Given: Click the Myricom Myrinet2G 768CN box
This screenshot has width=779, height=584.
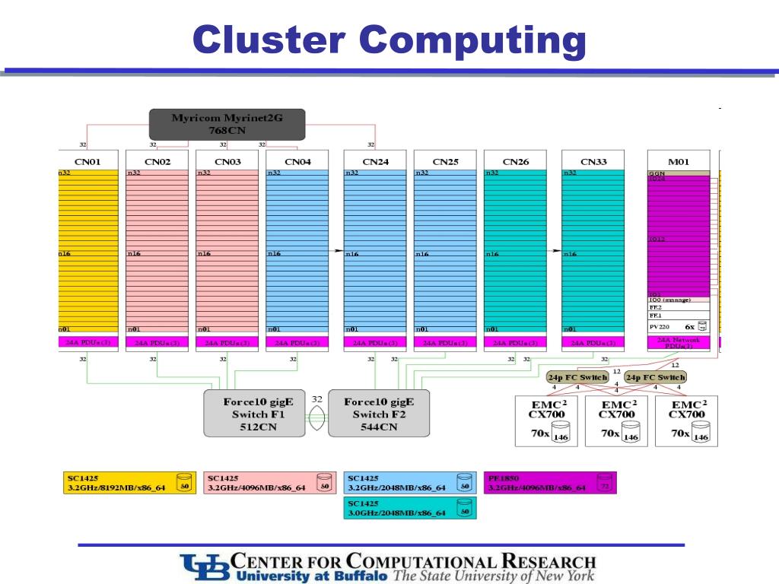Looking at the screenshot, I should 227,124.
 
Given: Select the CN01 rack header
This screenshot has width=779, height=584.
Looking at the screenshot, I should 87,161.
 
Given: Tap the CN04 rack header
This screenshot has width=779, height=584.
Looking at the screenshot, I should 297,161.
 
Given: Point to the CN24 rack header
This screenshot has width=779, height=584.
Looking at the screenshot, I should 375,161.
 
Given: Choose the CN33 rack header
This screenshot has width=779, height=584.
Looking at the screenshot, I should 593,161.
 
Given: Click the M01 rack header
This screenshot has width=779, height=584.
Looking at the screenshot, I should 678,161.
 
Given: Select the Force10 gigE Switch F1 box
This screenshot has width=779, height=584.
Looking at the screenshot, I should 254,414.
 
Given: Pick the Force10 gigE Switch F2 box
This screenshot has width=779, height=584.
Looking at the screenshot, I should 379,414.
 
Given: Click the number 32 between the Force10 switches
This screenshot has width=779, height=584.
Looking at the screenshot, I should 316,399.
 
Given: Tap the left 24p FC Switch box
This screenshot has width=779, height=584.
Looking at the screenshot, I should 577,377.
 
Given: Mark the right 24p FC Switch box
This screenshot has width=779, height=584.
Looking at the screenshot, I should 655,377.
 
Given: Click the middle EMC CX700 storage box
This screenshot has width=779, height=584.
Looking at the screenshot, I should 616,421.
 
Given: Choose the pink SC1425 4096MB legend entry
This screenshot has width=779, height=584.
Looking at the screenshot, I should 269,482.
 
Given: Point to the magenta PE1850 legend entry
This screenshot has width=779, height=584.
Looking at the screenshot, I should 550,482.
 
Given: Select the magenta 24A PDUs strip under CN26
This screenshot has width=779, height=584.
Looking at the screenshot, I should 515,343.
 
